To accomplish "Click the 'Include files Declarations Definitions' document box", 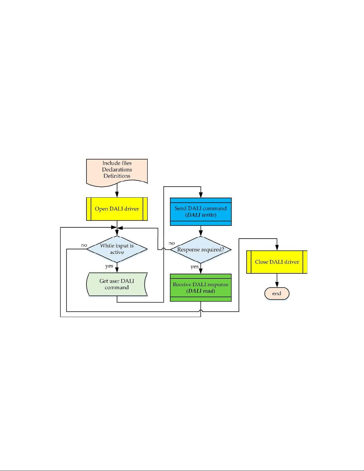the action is tap(117, 173).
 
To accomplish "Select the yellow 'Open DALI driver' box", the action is tap(117, 209).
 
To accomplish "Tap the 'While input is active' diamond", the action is tap(117, 249).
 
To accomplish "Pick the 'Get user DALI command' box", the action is tap(117, 284).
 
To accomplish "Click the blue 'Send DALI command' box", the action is tap(201, 212).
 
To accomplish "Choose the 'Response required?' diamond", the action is tap(201, 250).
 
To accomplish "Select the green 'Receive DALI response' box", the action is tap(201, 288).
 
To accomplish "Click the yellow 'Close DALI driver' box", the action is tap(277, 262).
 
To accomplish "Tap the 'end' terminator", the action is tap(277, 294).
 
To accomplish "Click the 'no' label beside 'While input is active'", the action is tap(84, 245).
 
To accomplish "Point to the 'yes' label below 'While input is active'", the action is tap(109, 266).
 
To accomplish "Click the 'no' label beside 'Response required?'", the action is tap(172, 243).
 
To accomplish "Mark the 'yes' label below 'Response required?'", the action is tap(194, 267).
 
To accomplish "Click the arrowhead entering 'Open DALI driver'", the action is tap(117, 194).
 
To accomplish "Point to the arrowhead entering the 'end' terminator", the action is tap(277, 285).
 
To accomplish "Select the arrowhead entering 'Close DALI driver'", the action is tap(277, 248).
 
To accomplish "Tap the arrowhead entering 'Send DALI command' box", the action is tap(201, 195).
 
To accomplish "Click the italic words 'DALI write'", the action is tap(201, 215).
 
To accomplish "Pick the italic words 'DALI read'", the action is tap(201, 291).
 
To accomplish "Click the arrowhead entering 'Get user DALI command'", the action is tap(117, 270).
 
